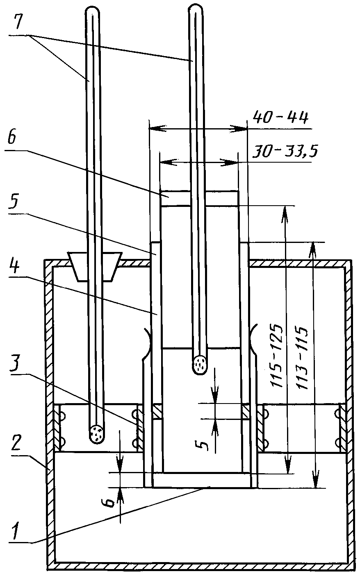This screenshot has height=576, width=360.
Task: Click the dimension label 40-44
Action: click(280, 118)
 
